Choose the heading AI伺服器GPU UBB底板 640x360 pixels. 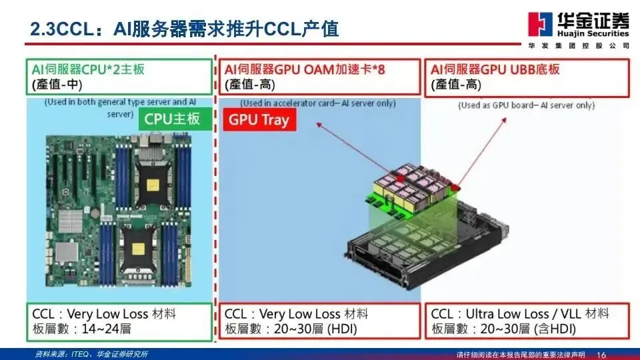pyautogui.click(x=495, y=69)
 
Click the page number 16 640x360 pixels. pyautogui.click(x=602, y=353)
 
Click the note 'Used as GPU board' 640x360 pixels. pyautogui.click(x=527, y=105)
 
